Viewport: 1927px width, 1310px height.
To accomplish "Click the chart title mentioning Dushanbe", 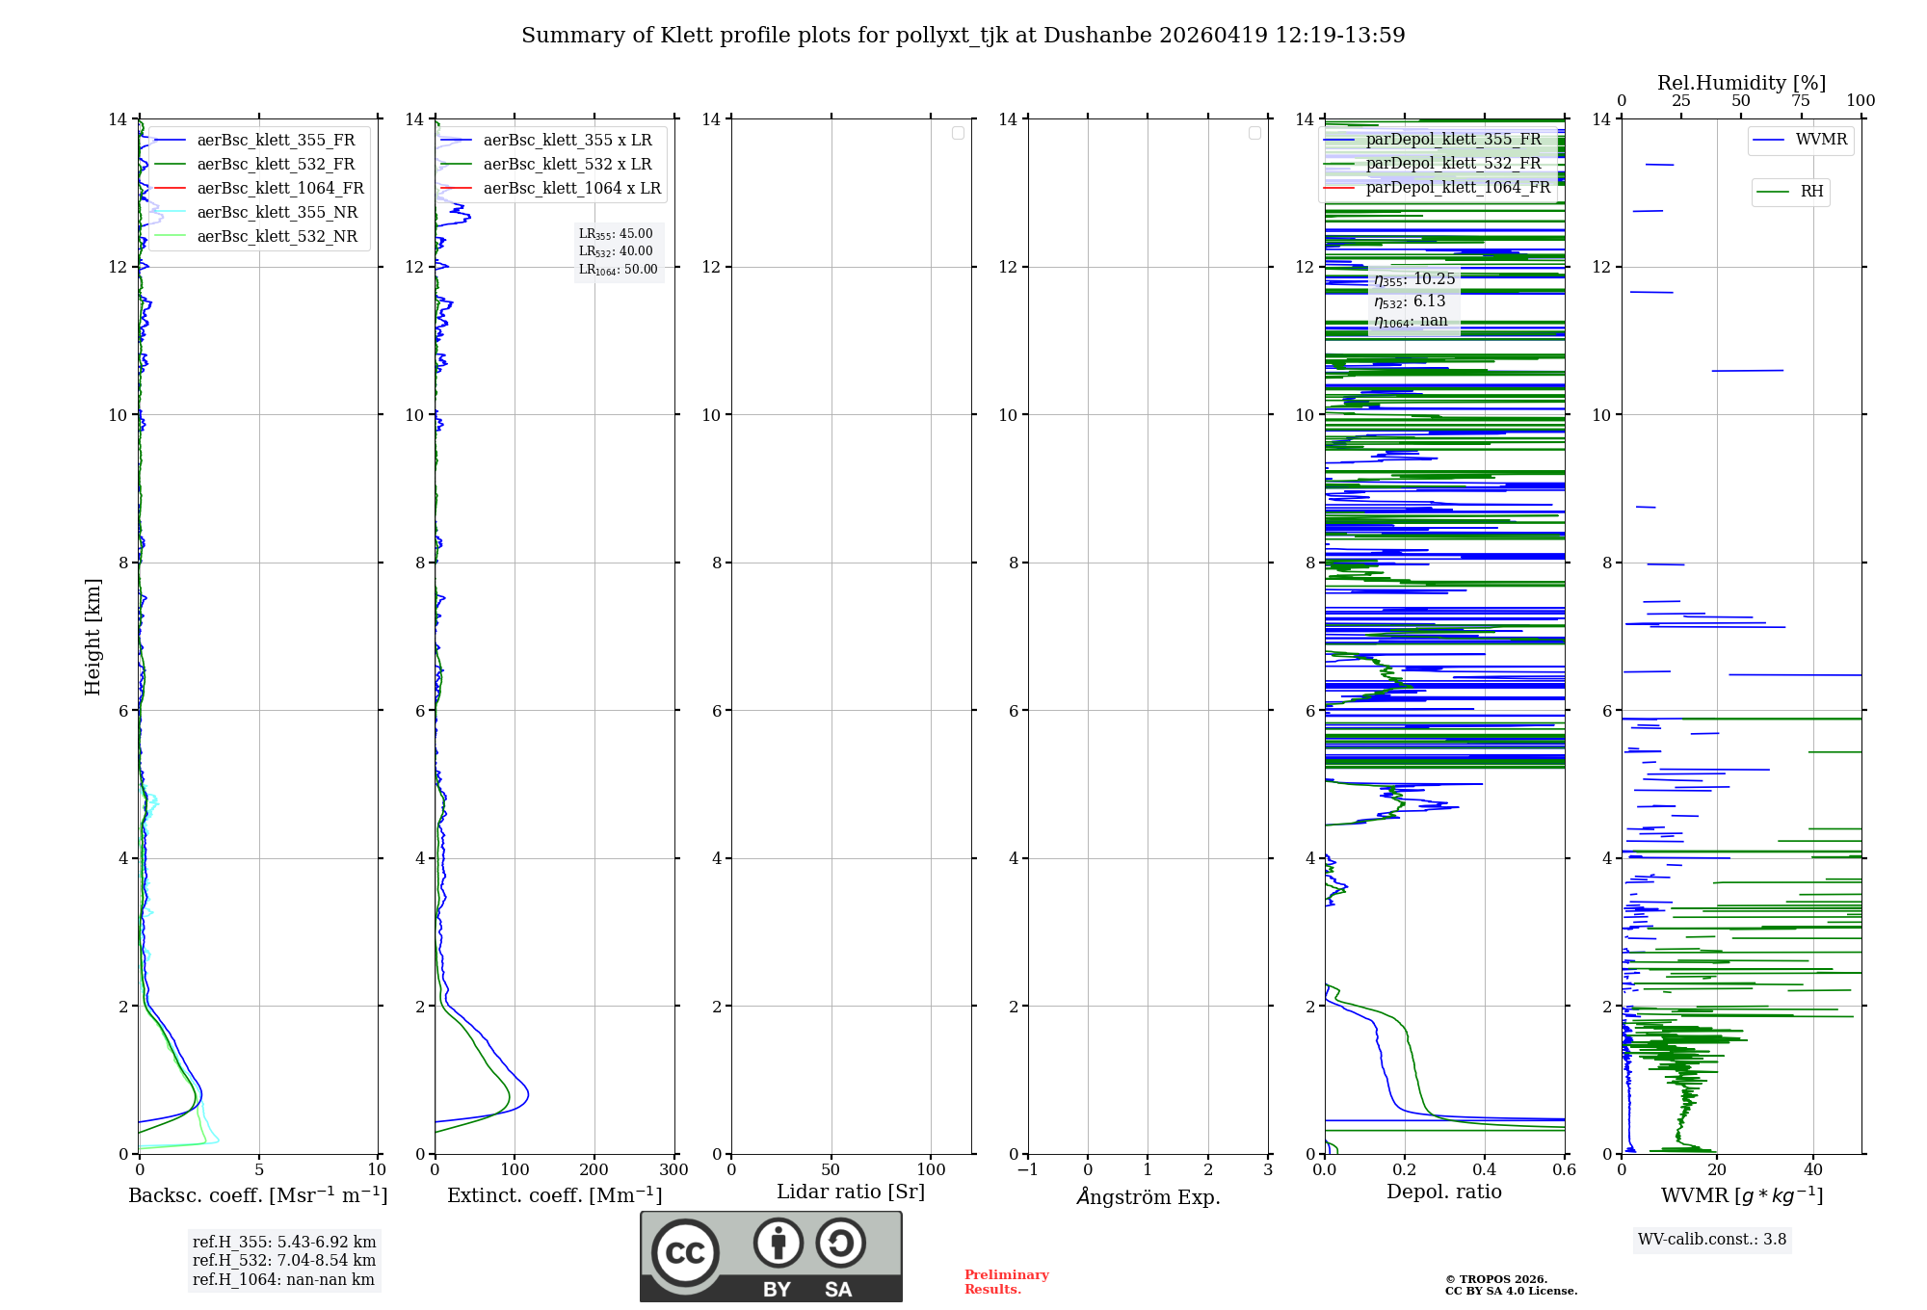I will [963, 36].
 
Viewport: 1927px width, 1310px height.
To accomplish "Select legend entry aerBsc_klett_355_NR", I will [277, 212].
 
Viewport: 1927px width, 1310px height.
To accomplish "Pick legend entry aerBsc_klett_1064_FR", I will [279, 188].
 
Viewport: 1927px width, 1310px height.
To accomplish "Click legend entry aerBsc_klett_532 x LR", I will [567, 164].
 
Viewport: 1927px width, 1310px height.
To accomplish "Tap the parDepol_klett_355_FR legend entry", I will [1453, 140].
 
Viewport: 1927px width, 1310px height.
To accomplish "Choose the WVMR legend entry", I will [1821, 140].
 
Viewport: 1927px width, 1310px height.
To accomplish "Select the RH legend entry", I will [1811, 192].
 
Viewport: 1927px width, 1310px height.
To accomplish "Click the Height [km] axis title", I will [92, 636].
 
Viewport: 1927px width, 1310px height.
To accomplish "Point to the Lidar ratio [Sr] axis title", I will [851, 1192].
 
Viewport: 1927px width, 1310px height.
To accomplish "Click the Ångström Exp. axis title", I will [1148, 1196].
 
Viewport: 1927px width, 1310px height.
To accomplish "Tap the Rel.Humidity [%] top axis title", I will [1741, 83].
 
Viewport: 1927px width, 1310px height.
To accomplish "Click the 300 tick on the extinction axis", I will [673, 1169].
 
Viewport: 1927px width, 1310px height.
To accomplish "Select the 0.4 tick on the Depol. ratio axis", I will [1485, 1169].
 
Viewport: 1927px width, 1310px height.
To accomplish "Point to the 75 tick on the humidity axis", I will [1801, 100].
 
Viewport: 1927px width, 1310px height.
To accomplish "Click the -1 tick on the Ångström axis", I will [1027, 1169].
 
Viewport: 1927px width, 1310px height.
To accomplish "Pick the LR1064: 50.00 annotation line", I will [619, 270].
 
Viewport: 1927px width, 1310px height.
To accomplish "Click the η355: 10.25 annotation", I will [1414, 279].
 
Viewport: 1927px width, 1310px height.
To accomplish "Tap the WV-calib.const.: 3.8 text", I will [1712, 1240].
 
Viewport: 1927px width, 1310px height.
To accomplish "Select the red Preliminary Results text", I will [1006, 1282].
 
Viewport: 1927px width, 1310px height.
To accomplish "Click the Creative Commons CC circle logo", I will [685, 1253].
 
